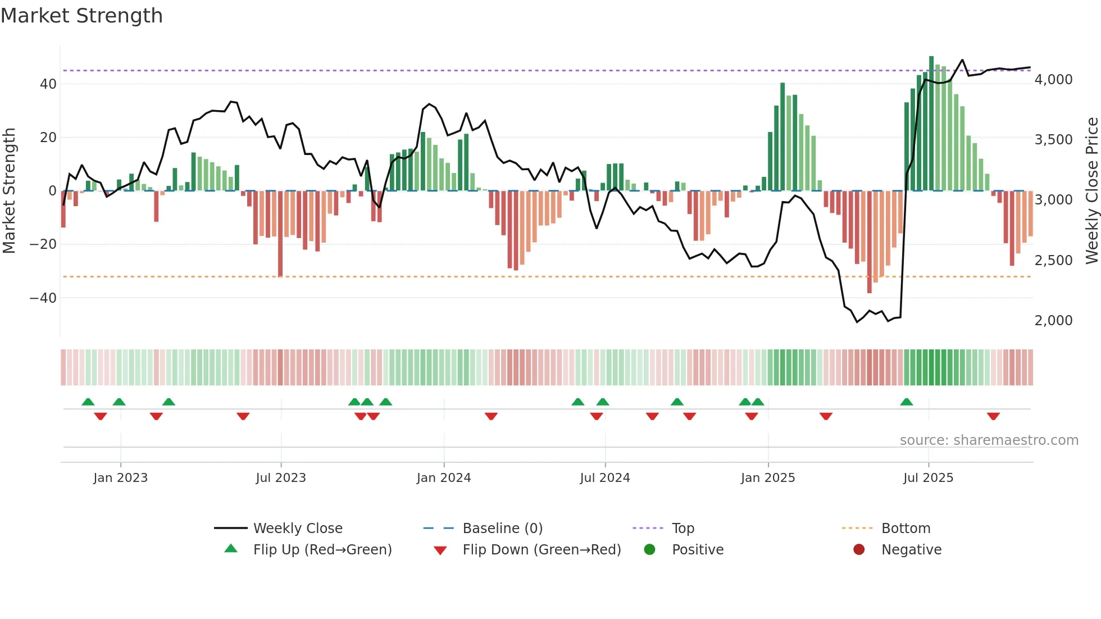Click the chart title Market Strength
(82, 16)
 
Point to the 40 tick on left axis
(48, 84)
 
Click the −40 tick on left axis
(43, 298)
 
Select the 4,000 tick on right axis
(1053, 80)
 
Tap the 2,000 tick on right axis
(1053, 321)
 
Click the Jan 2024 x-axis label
(444, 478)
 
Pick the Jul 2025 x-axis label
(928, 478)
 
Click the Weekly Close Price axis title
(1091, 191)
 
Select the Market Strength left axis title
(10, 191)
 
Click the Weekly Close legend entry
(298, 529)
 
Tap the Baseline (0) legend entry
(502, 529)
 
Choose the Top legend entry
(683, 529)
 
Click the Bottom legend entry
(906, 529)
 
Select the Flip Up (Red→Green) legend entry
(322, 550)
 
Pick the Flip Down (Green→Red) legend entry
(542, 550)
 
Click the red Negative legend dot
(859, 549)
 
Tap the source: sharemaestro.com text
(989, 440)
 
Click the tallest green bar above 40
(931, 124)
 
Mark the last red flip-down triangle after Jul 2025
(993, 416)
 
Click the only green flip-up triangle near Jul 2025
(906, 402)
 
